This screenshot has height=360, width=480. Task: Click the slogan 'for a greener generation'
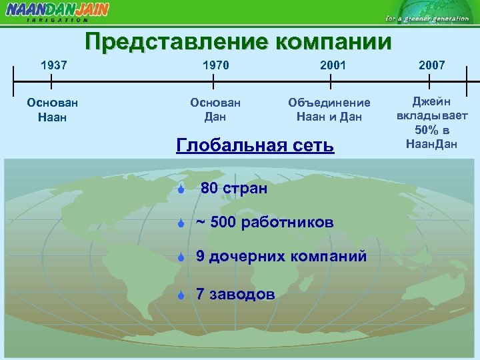[x=427, y=18]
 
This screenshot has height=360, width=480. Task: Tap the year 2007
[x=431, y=65]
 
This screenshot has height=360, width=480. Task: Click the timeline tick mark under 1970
[x=213, y=81]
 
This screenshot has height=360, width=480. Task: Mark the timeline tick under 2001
[x=331, y=81]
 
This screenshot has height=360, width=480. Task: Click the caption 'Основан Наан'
[x=52, y=110]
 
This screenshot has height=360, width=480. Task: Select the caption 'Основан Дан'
[x=215, y=110]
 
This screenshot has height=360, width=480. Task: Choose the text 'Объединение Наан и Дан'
[x=329, y=110]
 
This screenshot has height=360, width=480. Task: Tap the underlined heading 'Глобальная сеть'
[x=255, y=145]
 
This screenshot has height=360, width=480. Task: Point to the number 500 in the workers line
[x=223, y=222]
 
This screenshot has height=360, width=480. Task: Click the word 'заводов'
[x=241, y=294]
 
